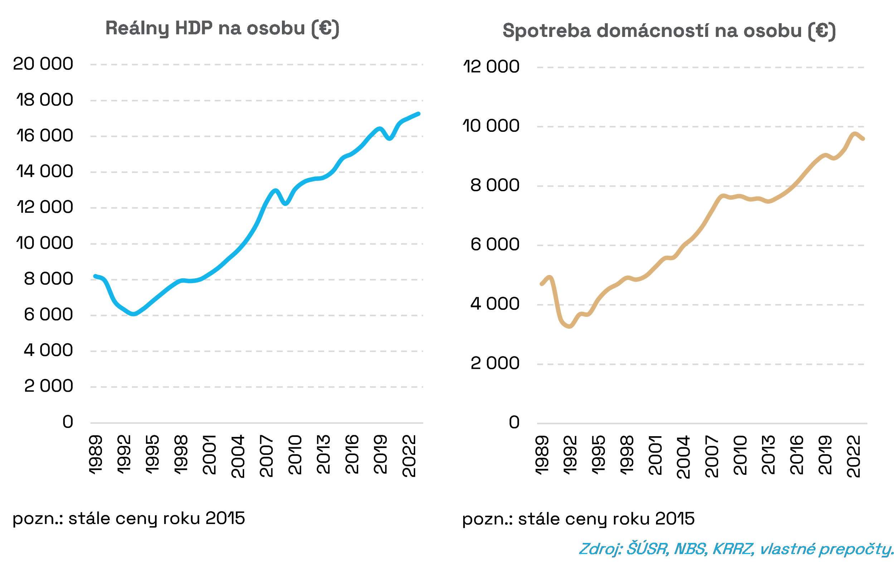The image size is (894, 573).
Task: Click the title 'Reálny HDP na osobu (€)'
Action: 222,29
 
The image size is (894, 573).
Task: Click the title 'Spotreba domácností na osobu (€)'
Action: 669,31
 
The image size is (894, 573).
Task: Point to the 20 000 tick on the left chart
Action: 43,64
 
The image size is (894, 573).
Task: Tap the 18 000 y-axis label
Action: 44,100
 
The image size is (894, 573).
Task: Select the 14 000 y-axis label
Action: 44,172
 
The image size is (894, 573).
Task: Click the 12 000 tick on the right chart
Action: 491,67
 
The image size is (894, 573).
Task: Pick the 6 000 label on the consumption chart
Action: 495,245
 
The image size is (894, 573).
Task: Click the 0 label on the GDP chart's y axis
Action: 68,422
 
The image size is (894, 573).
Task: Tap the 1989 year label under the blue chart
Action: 96,455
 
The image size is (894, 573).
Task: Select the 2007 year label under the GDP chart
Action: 266,456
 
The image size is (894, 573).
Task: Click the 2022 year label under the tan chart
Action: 853,457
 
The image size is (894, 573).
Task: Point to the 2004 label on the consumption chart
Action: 683,457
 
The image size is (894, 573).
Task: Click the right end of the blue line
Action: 419,114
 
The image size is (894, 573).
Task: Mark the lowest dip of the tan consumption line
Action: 569,326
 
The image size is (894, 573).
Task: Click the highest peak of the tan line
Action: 855,134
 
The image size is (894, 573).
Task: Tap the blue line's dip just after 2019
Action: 389,138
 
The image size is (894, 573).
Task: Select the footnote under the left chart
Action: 128,518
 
